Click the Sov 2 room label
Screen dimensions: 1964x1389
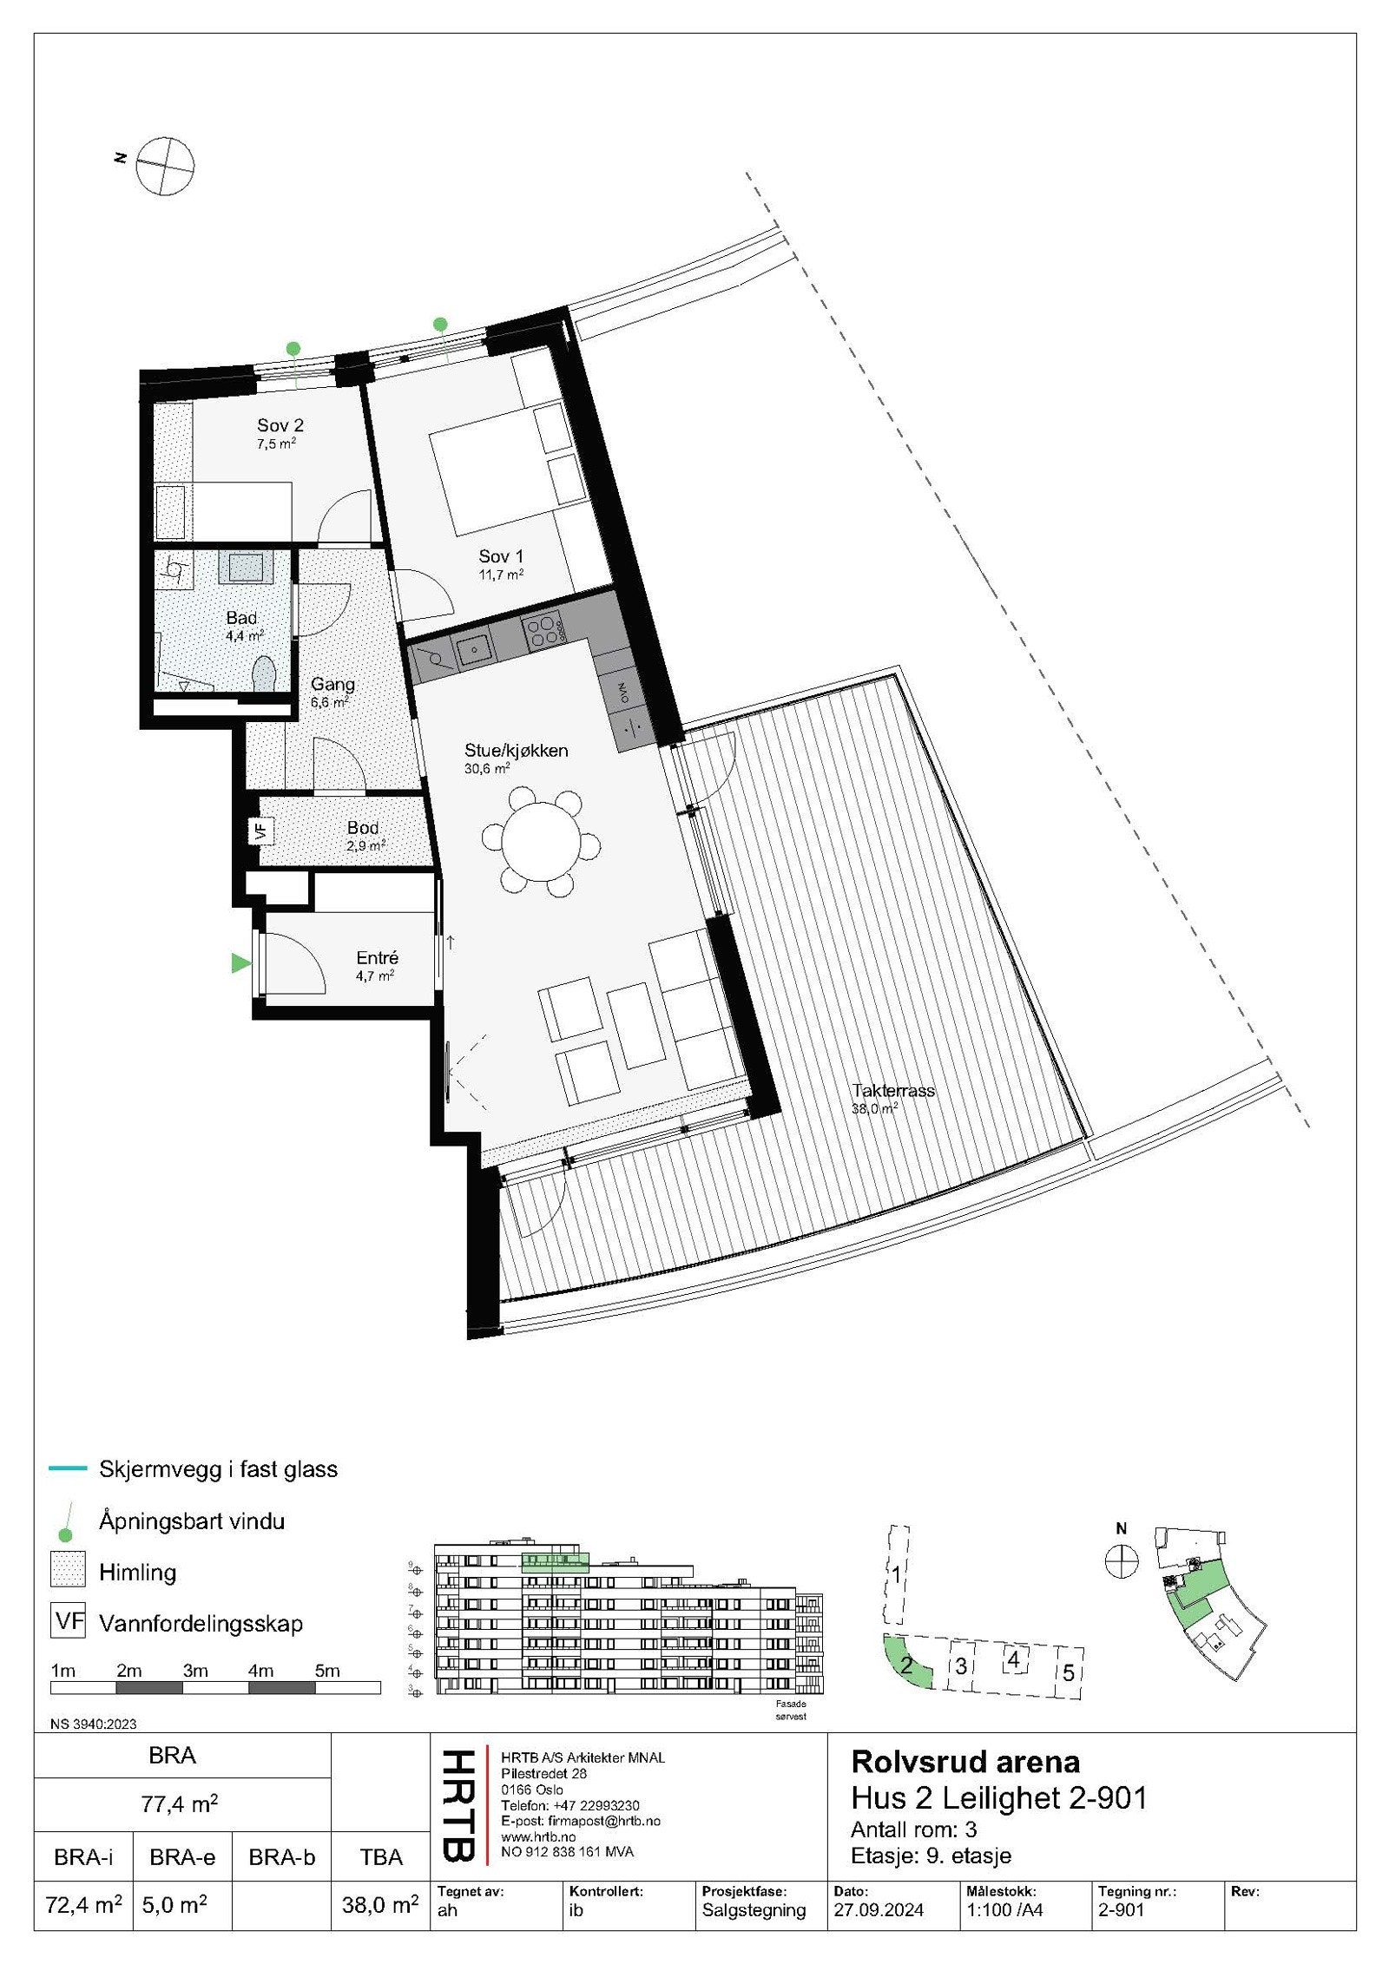(280, 425)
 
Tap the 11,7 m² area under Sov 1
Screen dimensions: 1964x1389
(501, 574)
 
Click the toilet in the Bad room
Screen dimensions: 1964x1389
(263, 674)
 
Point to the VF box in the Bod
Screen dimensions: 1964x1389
(260, 830)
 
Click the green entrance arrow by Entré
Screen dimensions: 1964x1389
(240, 962)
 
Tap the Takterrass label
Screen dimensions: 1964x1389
(893, 1090)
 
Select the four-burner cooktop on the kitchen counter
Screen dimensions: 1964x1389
(542, 629)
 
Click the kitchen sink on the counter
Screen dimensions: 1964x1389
(476, 647)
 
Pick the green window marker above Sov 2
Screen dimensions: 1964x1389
(293, 348)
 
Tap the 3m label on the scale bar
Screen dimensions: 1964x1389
(194, 1671)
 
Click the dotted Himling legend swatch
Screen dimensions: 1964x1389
(68, 1573)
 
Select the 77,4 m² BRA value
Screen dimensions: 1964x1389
(179, 1804)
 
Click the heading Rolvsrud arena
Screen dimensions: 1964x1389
(965, 1761)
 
